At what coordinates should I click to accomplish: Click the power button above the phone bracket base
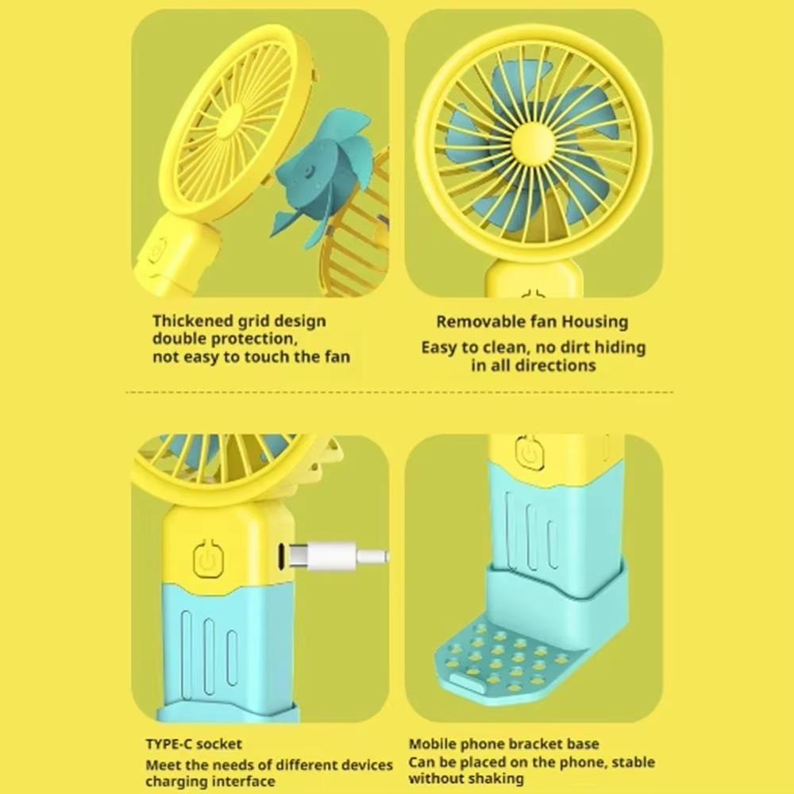[529, 451]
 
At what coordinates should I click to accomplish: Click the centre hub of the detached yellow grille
[233, 121]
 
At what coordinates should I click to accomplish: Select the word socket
[219, 744]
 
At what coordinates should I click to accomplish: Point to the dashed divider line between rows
[399, 392]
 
